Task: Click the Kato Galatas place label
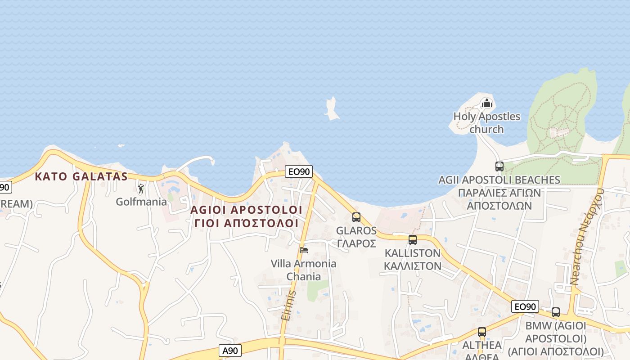tap(81, 176)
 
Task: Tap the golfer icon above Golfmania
tap(141, 189)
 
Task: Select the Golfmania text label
tap(141, 202)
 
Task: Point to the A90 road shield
tap(231, 351)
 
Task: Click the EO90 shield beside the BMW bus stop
tap(525, 307)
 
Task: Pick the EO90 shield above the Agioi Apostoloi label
tap(298, 171)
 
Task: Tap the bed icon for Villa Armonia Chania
tap(304, 250)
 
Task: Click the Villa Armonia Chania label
tap(303, 270)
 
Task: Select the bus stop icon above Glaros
tap(356, 217)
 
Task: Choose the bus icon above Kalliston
tap(413, 240)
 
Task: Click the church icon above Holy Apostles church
tap(486, 103)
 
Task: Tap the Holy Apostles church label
tap(486, 123)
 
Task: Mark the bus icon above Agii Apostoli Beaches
tap(499, 166)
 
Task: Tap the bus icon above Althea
tap(482, 333)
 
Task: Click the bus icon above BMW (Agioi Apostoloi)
tap(556, 312)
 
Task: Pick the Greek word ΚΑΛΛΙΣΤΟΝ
tap(413, 266)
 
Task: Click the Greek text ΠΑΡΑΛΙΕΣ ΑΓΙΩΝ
tap(499, 193)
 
